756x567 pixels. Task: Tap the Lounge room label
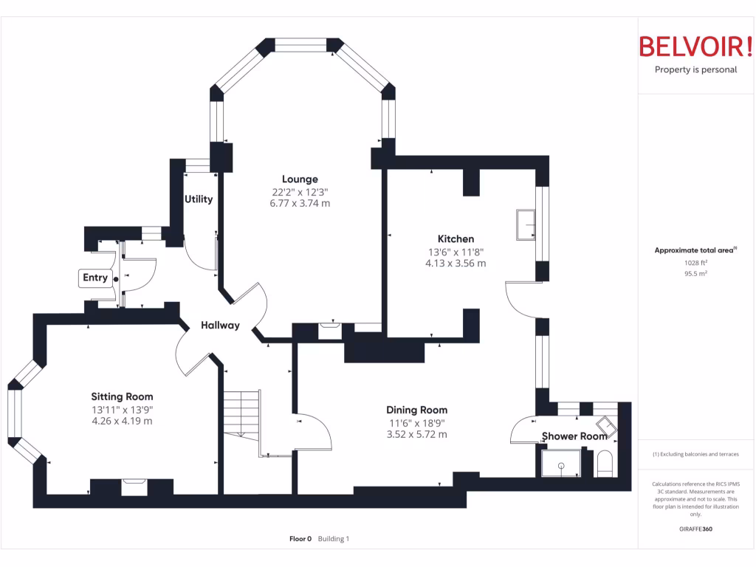[300, 179]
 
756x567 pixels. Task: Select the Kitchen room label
[456, 238]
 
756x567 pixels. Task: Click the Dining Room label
[416, 410]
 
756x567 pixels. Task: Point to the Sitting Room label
[122, 396]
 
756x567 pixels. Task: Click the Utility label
[199, 199]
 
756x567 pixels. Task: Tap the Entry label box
[95, 278]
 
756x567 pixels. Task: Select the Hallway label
[220, 325]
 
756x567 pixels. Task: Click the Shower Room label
[574, 436]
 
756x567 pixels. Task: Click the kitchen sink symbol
[526, 224]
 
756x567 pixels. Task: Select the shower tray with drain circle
[561, 464]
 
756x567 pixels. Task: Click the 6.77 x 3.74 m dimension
[300, 203]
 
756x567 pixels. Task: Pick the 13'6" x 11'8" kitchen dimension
[456, 252]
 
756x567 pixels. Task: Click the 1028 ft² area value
[695, 262]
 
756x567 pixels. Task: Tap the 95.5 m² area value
[695, 273]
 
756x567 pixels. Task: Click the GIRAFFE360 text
[695, 529]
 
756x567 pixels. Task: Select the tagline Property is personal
[695, 70]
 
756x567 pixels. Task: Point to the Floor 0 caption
[300, 539]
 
